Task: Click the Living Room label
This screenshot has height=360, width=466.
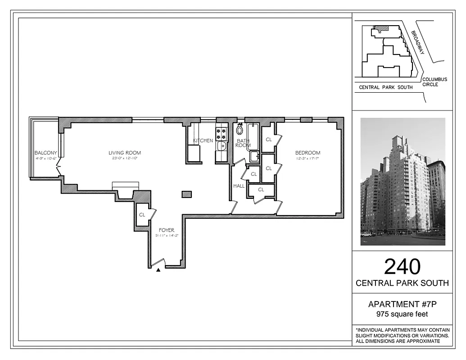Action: click(x=124, y=153)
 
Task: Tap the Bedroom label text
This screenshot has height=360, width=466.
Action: click(x=308, y=153)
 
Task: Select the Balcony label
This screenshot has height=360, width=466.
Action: click(x=45, y=153)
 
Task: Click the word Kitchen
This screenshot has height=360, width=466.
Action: click(x=203, y=141)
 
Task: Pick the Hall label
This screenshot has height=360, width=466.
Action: click(x=239, y=186)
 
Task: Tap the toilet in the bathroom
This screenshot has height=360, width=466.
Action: click(x=240, y=130)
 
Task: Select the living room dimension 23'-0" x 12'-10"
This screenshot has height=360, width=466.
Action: click(x=124, y=158)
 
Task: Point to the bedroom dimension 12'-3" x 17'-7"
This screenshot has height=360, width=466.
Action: click(x=308, y=158)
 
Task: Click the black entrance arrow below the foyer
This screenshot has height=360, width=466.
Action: click(x=158, y=270)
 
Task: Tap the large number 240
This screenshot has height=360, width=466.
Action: click(x=402, y=266)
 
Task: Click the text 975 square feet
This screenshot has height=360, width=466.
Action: click(x=402, y=314)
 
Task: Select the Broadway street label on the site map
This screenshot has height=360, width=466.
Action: click(x=417, y=43)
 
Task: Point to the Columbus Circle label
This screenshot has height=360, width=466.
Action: click(x=434, y=82)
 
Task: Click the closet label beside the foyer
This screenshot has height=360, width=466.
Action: click(x=142, y=215)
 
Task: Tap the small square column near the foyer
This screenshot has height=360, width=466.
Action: click(x=187, y=194)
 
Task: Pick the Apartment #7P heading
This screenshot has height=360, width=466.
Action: click(x=402, y=304)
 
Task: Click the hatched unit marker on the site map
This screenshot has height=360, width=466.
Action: click(x=382, y=29)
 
